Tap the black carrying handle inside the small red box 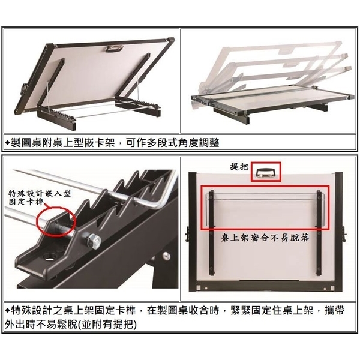pyautogui.click(x=265, y=173)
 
